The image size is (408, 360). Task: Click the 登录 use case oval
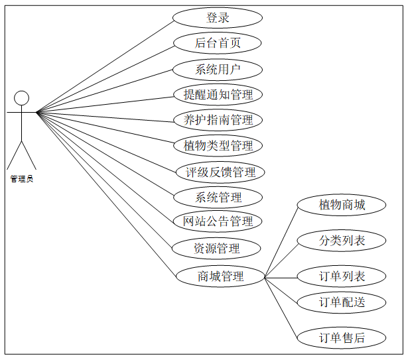pos(218,18)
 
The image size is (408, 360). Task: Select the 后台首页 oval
pos(218,44)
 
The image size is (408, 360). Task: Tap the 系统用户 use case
pos(218,69)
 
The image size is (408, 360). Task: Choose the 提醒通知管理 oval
pos(218,95)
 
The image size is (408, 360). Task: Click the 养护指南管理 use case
pos(218,120)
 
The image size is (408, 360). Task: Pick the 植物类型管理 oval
pos(218,145)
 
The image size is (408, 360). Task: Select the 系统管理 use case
pos(218,197)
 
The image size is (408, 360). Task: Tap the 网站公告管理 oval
pos(218,221)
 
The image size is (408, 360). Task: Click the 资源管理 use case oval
pos(216,249)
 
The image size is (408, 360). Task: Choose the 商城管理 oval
pos(220,276)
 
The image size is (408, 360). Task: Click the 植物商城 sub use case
pos(342,205)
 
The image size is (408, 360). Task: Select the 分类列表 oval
pos(342,241)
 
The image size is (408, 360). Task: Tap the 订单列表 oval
pos(342,276)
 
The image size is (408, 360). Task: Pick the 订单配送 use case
pos(342,302)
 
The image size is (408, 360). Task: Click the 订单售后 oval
pos(342,337)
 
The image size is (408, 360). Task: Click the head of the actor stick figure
pos(22,97)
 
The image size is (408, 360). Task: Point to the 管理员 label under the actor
pos(22,178)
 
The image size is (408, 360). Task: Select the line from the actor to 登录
pos(106,64)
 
